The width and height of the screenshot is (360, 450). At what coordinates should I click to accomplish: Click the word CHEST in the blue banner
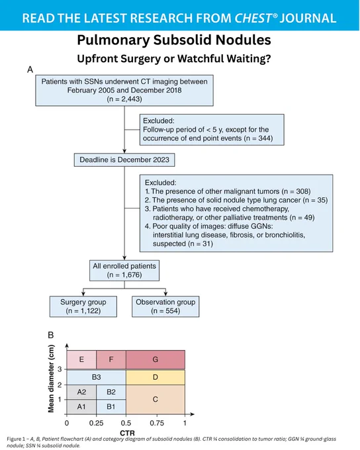coord(253,18)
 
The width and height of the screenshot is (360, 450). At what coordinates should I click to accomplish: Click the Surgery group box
coord(83,306)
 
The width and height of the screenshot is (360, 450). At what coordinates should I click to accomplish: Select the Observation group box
coord(165,306)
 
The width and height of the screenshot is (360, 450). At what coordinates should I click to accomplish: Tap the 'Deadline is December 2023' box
coord(124,160)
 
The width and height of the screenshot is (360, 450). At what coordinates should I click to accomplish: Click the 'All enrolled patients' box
coord(124,271)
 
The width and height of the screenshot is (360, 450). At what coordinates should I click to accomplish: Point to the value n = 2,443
coord(124,99)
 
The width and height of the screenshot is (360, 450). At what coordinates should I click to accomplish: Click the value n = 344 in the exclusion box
coord(258,138)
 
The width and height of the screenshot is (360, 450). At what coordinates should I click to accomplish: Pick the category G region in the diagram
coord(156,359)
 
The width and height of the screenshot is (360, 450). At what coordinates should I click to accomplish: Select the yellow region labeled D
coord(156,377)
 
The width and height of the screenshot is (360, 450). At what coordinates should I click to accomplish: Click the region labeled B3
coord(96,377)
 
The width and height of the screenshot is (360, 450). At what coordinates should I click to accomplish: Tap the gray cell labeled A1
coord(81,407)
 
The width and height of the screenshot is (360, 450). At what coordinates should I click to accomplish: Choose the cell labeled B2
coord(111,392)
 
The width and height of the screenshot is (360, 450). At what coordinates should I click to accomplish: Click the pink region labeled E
coord(81,359)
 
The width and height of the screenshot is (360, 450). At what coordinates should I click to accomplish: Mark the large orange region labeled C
coord(156,400)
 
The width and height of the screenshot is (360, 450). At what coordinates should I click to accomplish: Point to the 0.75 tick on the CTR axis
coord(157,423)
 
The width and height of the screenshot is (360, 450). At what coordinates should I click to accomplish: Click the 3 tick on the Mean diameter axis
coord(60,369)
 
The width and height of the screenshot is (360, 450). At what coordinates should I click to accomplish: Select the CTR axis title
coord(127,433)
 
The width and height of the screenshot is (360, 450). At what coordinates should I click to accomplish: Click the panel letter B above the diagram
coord(50,336)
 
